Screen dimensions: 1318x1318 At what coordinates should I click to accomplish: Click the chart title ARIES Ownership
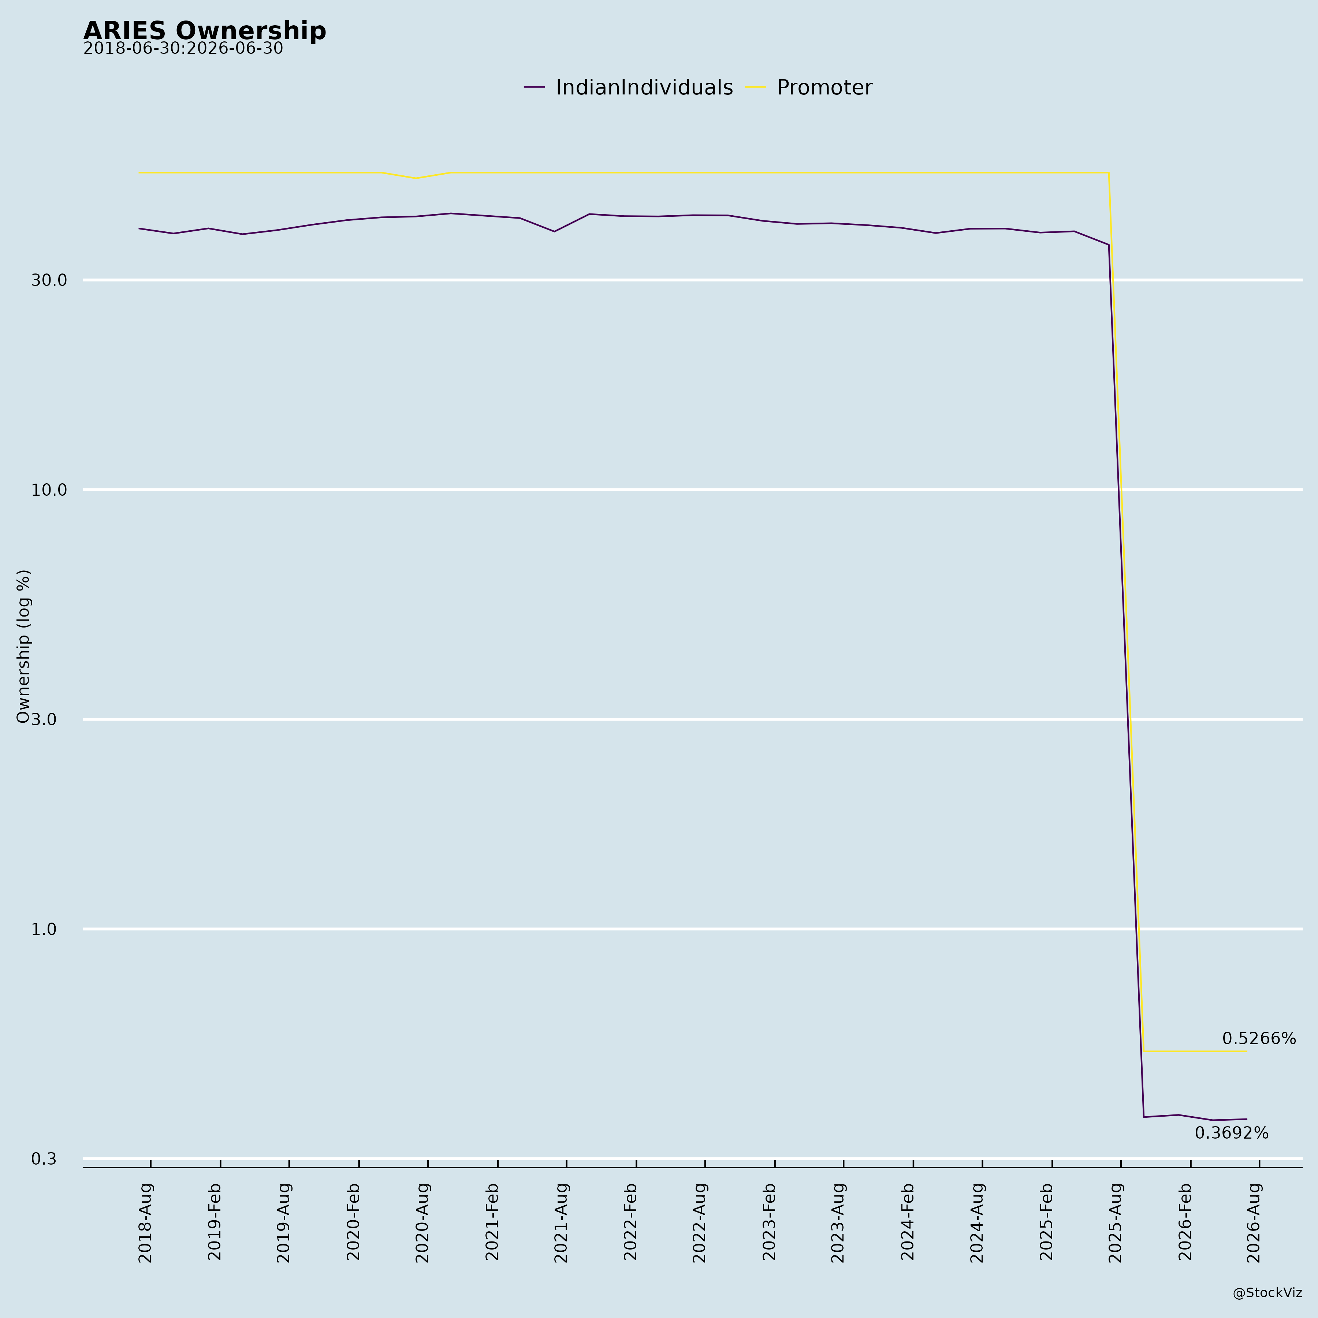click(x=205, y=31)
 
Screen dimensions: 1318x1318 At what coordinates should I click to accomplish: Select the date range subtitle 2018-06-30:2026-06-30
click(x=183, y=49)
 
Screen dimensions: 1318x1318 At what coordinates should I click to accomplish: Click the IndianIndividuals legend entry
click(x=628, y=88)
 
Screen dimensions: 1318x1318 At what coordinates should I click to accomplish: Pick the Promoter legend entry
click(x=808, y=88)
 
